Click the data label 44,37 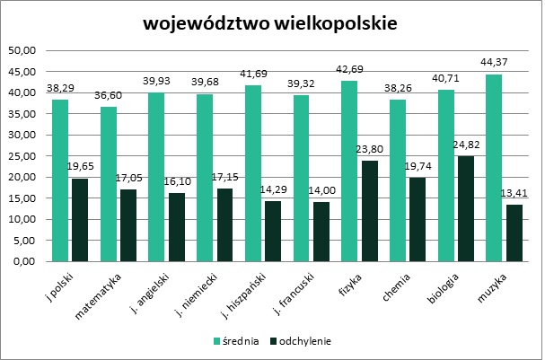point(492,64)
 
